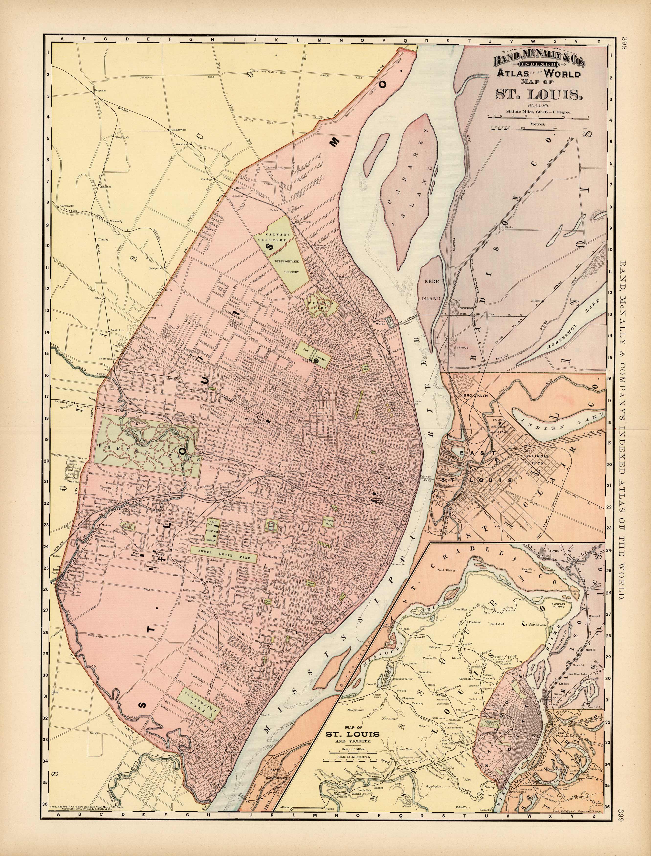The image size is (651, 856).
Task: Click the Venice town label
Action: coord(463,347)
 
